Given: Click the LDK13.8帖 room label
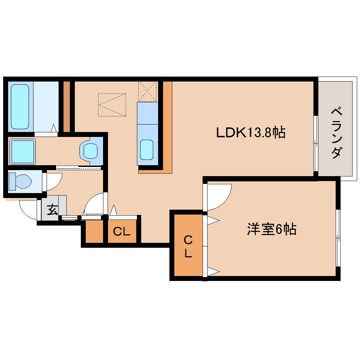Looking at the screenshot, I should [251, 133].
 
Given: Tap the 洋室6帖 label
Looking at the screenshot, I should [271, 230].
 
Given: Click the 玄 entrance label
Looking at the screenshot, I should [52, 210].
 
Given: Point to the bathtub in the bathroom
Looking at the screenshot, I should [20, 106].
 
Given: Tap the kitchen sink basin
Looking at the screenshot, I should [146, 150].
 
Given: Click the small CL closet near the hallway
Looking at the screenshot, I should [122, 232].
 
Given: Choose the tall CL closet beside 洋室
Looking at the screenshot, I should [188, 246].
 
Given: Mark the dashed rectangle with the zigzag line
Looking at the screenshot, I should [112, 104].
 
